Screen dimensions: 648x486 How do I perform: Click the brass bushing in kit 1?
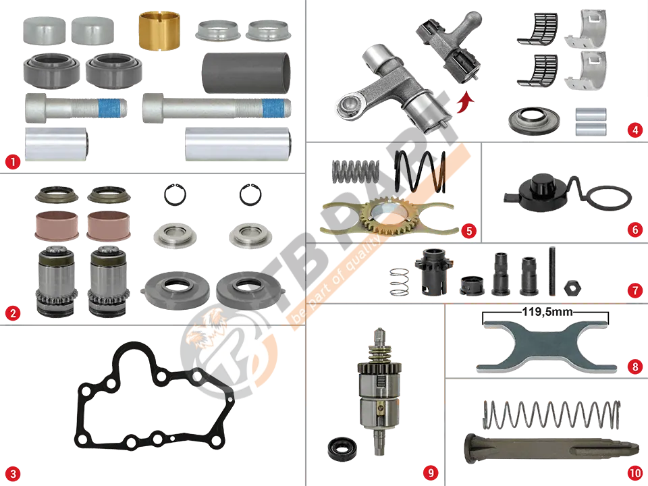click(159, 30)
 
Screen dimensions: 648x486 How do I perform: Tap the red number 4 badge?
click(634, 130)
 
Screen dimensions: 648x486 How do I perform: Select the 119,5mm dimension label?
click(547, 311)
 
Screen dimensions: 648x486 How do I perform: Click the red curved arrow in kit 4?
click(466, 102)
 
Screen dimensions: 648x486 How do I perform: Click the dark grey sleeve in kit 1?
click(246, 73)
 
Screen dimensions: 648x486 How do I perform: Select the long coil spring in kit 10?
click(551, 415)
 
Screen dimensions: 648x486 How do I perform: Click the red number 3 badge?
click(12, 474)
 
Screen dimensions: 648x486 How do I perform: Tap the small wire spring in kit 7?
click(400, 282)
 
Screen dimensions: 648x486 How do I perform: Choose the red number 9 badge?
click(431, 473)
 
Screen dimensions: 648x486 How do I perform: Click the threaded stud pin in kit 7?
click(553, 271)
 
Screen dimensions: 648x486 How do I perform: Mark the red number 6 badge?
click(634, 230)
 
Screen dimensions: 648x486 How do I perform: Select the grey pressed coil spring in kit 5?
click(356, 171)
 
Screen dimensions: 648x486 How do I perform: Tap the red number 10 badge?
click(634, 473)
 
